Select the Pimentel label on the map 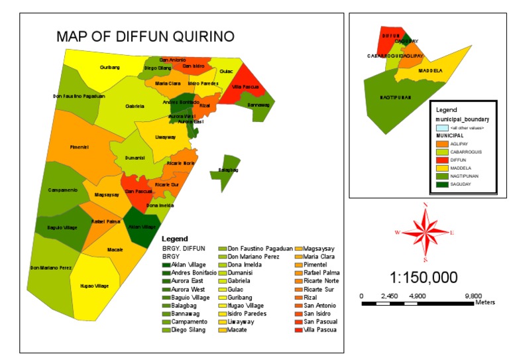coord(79,147)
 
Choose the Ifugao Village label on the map coord(93,286)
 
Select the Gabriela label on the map coord(135,106)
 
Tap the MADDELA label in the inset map coord(431,70)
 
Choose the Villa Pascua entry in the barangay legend coord(319,329)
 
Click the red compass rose coord(425,232)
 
